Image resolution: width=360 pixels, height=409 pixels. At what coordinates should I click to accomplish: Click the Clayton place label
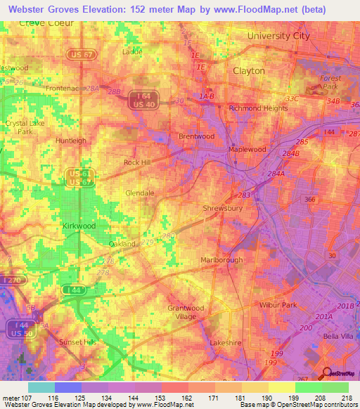click(249, 71)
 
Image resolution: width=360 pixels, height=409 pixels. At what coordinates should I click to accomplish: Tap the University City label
click(278, 36)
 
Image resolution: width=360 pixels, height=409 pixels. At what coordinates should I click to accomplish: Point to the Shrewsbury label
click(223, 209)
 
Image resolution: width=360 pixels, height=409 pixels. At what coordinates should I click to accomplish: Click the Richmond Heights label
click(258, 108)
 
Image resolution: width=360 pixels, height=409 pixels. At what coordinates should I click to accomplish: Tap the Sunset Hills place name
click(79, 341)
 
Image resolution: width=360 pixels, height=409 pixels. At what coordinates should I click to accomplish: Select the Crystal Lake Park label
click(20, 127)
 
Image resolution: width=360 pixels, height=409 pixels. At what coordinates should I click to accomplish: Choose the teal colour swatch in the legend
click(41, 387)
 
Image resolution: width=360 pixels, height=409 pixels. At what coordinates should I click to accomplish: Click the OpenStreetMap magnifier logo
click(326, 375)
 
